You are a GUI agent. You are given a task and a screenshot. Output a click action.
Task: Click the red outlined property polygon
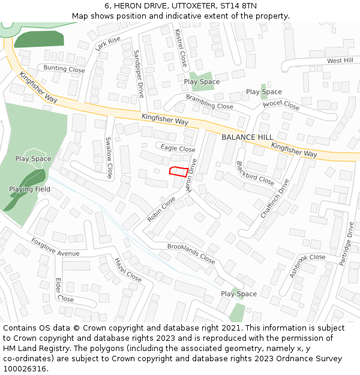[177, 172]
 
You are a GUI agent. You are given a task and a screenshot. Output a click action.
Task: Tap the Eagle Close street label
[178, 149]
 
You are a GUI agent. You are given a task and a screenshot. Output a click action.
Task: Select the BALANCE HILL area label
[247, 137]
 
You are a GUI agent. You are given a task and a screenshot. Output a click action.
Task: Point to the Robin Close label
[161, 209]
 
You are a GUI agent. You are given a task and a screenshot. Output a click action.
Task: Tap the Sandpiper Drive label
[139, 74]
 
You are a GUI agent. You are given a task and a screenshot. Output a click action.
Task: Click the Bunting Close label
[64, 70]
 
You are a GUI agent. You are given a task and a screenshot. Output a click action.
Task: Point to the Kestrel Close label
[181, 48]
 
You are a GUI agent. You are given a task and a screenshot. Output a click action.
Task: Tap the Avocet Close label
[281, 104]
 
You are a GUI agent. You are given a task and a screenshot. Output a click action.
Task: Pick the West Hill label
[340, 61]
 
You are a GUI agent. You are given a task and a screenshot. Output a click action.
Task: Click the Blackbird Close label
[255, 173]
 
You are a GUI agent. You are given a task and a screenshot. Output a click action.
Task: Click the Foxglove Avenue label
[55, 248]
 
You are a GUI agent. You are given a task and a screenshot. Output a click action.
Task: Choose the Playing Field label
[29, 190]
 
